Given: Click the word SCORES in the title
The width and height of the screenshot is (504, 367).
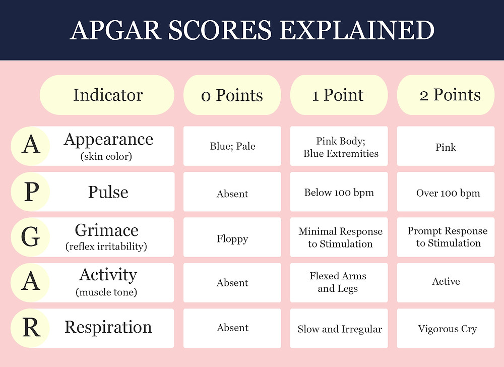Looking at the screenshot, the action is tap(220, 30).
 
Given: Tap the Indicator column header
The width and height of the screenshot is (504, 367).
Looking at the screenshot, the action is tap(107, 95).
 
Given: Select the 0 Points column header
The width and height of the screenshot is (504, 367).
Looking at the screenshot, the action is tap(232, 95).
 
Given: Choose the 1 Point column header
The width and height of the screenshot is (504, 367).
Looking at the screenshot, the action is tap(339, 95).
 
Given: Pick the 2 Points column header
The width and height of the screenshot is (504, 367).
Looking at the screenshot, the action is tap(446, 95).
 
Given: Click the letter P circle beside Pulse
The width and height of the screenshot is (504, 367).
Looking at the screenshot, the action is tap(31, 192).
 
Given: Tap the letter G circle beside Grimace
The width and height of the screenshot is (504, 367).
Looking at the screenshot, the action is tap(31, 237).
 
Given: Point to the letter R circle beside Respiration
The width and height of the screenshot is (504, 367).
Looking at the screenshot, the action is tap(31, 328).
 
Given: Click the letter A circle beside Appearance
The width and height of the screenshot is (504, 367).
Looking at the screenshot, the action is tap(31, 146).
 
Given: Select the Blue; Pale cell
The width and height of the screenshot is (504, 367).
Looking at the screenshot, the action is tap(232, 146).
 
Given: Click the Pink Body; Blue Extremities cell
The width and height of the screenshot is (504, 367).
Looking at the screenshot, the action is tap(339, 146).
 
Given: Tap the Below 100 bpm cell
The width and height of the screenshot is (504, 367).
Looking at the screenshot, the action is tap(339, 192).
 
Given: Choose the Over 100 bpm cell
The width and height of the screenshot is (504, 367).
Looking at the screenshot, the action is tap(446, 192).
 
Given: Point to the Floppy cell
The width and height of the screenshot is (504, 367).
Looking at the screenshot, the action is tap(232, 237).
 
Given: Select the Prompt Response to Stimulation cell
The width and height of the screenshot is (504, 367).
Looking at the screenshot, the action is tap(446, 237).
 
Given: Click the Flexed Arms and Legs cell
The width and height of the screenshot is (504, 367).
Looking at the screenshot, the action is tap(339, 282).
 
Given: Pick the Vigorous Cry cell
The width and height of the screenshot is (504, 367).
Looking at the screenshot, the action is tap(446, 328).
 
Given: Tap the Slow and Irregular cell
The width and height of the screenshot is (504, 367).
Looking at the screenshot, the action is tap(339, 328).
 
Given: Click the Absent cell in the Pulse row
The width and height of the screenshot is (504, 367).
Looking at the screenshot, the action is tap(232, 192).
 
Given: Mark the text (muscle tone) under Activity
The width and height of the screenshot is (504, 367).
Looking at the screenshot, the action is tap(106, 292).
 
